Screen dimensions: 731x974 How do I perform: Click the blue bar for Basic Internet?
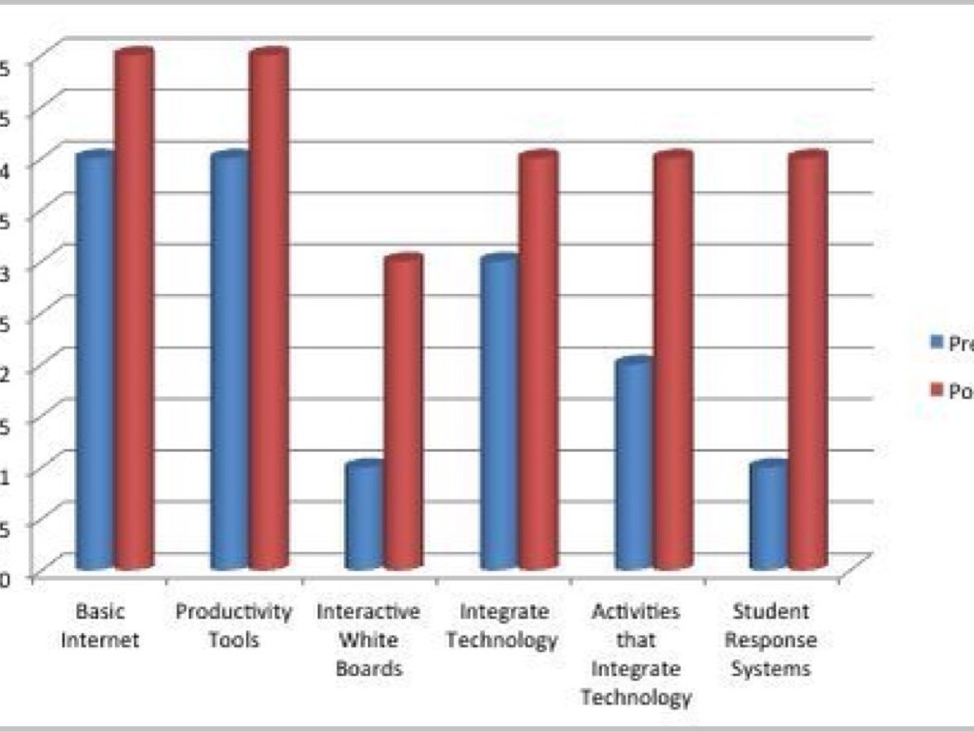(x=95, y=362)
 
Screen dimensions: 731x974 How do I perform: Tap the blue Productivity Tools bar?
(x=229, y=362)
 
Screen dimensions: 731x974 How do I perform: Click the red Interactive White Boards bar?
(x=403, y=413)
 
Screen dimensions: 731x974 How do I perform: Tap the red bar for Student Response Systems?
(x=808, y=362)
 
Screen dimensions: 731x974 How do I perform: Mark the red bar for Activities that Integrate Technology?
(x=672, y=362)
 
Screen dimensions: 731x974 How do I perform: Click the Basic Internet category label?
(x=100, y=625)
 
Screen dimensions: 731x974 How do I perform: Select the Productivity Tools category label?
(x=233, y=625)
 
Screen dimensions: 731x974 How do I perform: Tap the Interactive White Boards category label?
(x=368, y=640)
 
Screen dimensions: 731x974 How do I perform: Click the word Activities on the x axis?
(x=634, y=611)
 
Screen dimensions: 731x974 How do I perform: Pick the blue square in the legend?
(x=936, y=343)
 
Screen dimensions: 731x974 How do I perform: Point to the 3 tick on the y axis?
(x=5, y=267)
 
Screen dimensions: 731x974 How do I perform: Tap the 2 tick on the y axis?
(x=5, y=370)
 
